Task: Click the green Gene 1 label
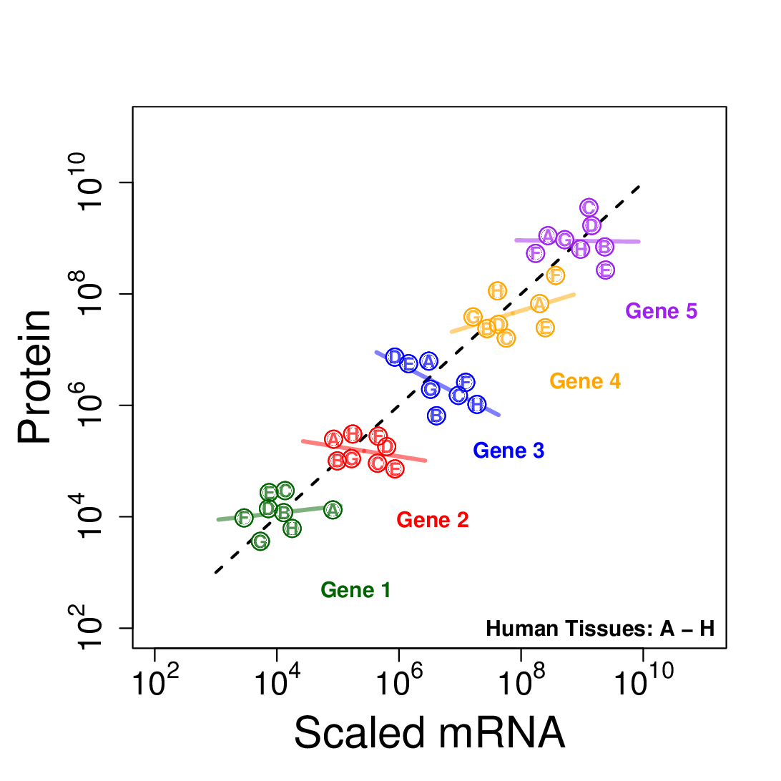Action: [355, 590]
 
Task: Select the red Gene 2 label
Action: [432, 520]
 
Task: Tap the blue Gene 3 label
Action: [509, 451]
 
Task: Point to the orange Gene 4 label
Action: [584, 381]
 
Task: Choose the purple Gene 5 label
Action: [661, 311]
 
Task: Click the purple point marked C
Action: [589, 207]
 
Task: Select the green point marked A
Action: [333, 510]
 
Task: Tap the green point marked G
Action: [260, 542]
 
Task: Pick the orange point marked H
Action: [498, 290]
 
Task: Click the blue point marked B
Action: [436, 416]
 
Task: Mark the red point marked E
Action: [395, 469]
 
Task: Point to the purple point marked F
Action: [535, 253]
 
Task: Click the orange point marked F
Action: [556, 275]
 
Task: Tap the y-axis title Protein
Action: [36, 377]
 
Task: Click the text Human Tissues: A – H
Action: [600, 629]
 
